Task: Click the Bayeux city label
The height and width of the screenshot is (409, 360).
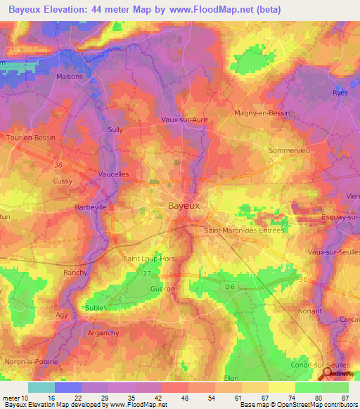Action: [184, 206]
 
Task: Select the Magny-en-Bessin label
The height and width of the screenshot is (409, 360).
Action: [262, 112]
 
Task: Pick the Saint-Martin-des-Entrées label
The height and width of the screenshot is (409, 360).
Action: [243, 231]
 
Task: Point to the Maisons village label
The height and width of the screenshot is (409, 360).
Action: [70, 77]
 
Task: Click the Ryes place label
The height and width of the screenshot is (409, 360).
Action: [340, 92]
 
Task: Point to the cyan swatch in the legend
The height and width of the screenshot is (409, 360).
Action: [41, 387]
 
